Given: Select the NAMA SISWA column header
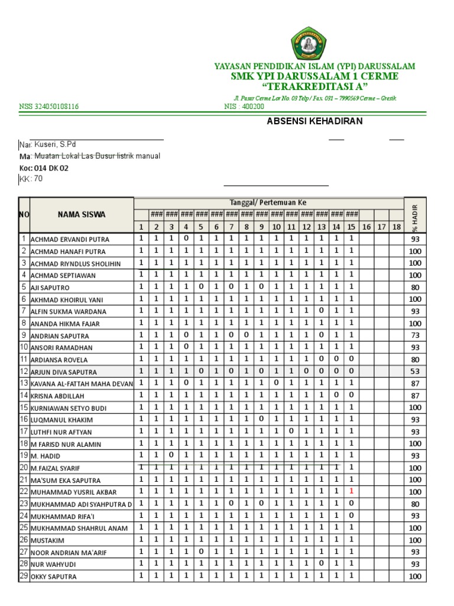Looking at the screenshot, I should point(81,215).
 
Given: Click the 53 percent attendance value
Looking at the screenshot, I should point(415,371).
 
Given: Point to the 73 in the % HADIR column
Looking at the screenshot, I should point(415,335).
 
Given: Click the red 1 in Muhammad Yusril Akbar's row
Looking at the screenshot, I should point(351,491).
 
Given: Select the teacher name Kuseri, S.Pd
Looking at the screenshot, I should point(54,144).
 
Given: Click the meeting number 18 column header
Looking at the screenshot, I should point(396,227).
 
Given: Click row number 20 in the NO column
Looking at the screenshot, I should point(24,468).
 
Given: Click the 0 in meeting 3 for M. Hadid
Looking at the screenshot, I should point(171,455).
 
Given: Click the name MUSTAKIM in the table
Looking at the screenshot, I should point(47,540).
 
